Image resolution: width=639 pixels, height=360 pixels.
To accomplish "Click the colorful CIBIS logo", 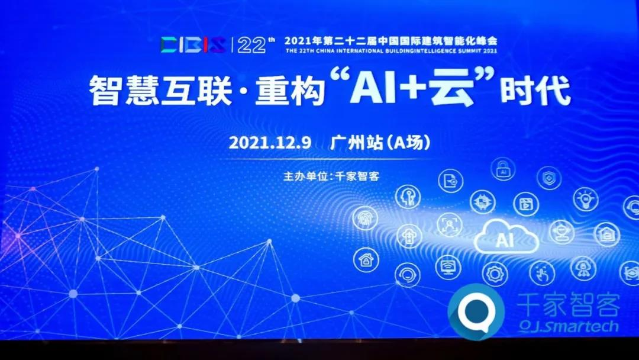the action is [x=193, y=45].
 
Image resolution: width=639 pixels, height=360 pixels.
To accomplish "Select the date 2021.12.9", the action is [x=270, y=143].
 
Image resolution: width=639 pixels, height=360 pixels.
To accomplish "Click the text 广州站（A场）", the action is [x=380, y=143].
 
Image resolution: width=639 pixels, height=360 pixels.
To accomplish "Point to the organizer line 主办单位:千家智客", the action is [x=331, y=176].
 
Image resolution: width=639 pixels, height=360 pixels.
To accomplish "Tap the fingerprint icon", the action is [x=364, y=218].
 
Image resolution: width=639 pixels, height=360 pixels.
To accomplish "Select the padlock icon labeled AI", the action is [x=503, y=169].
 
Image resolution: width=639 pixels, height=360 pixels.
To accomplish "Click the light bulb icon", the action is [x=586, y=199].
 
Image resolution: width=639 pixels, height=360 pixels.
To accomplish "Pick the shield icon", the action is [x=549, y=178].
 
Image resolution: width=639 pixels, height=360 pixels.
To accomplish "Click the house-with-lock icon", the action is [x=366, y=260].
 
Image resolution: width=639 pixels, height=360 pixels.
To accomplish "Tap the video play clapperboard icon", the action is [x=526, y=204].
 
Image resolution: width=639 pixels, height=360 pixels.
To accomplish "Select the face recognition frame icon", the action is [x=450, y=224].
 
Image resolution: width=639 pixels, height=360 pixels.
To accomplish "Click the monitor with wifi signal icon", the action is [x=448, y=268].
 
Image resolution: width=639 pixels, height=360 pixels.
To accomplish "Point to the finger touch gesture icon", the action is [x=542, y=273].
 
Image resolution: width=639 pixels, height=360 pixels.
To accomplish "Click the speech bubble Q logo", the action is [x=476, y=312].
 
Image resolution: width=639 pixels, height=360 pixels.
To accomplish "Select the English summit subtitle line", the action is [x=391, y=51].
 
